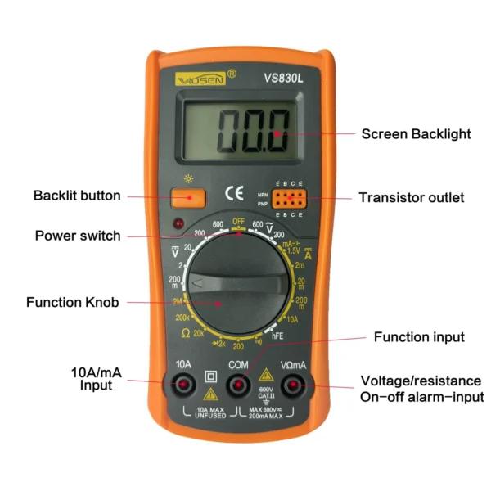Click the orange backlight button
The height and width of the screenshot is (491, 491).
tap(188, 196)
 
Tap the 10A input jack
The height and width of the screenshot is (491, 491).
tap(183, 384)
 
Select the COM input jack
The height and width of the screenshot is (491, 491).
tap(238, 384)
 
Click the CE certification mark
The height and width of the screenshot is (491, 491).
tap(234, 195)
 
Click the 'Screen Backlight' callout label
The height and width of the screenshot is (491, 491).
tap(417, 133)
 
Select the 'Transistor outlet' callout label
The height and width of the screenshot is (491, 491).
tap(412, 197)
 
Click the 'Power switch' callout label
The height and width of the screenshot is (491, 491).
tap(78, 236)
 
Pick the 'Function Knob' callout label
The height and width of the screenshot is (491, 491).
tap(73, 302)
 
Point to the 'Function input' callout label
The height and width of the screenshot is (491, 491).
tap(419, 337)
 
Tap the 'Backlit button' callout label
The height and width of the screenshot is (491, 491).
tap(77, 196)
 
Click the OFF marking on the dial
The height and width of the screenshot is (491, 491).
tap(239, 222)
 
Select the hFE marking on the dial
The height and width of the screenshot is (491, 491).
tap(277, 334)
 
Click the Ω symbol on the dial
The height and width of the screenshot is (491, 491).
tap(185, 333)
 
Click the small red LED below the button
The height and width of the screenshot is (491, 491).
tap(178, 223)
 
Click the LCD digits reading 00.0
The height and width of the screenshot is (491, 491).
tap(253, 130)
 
